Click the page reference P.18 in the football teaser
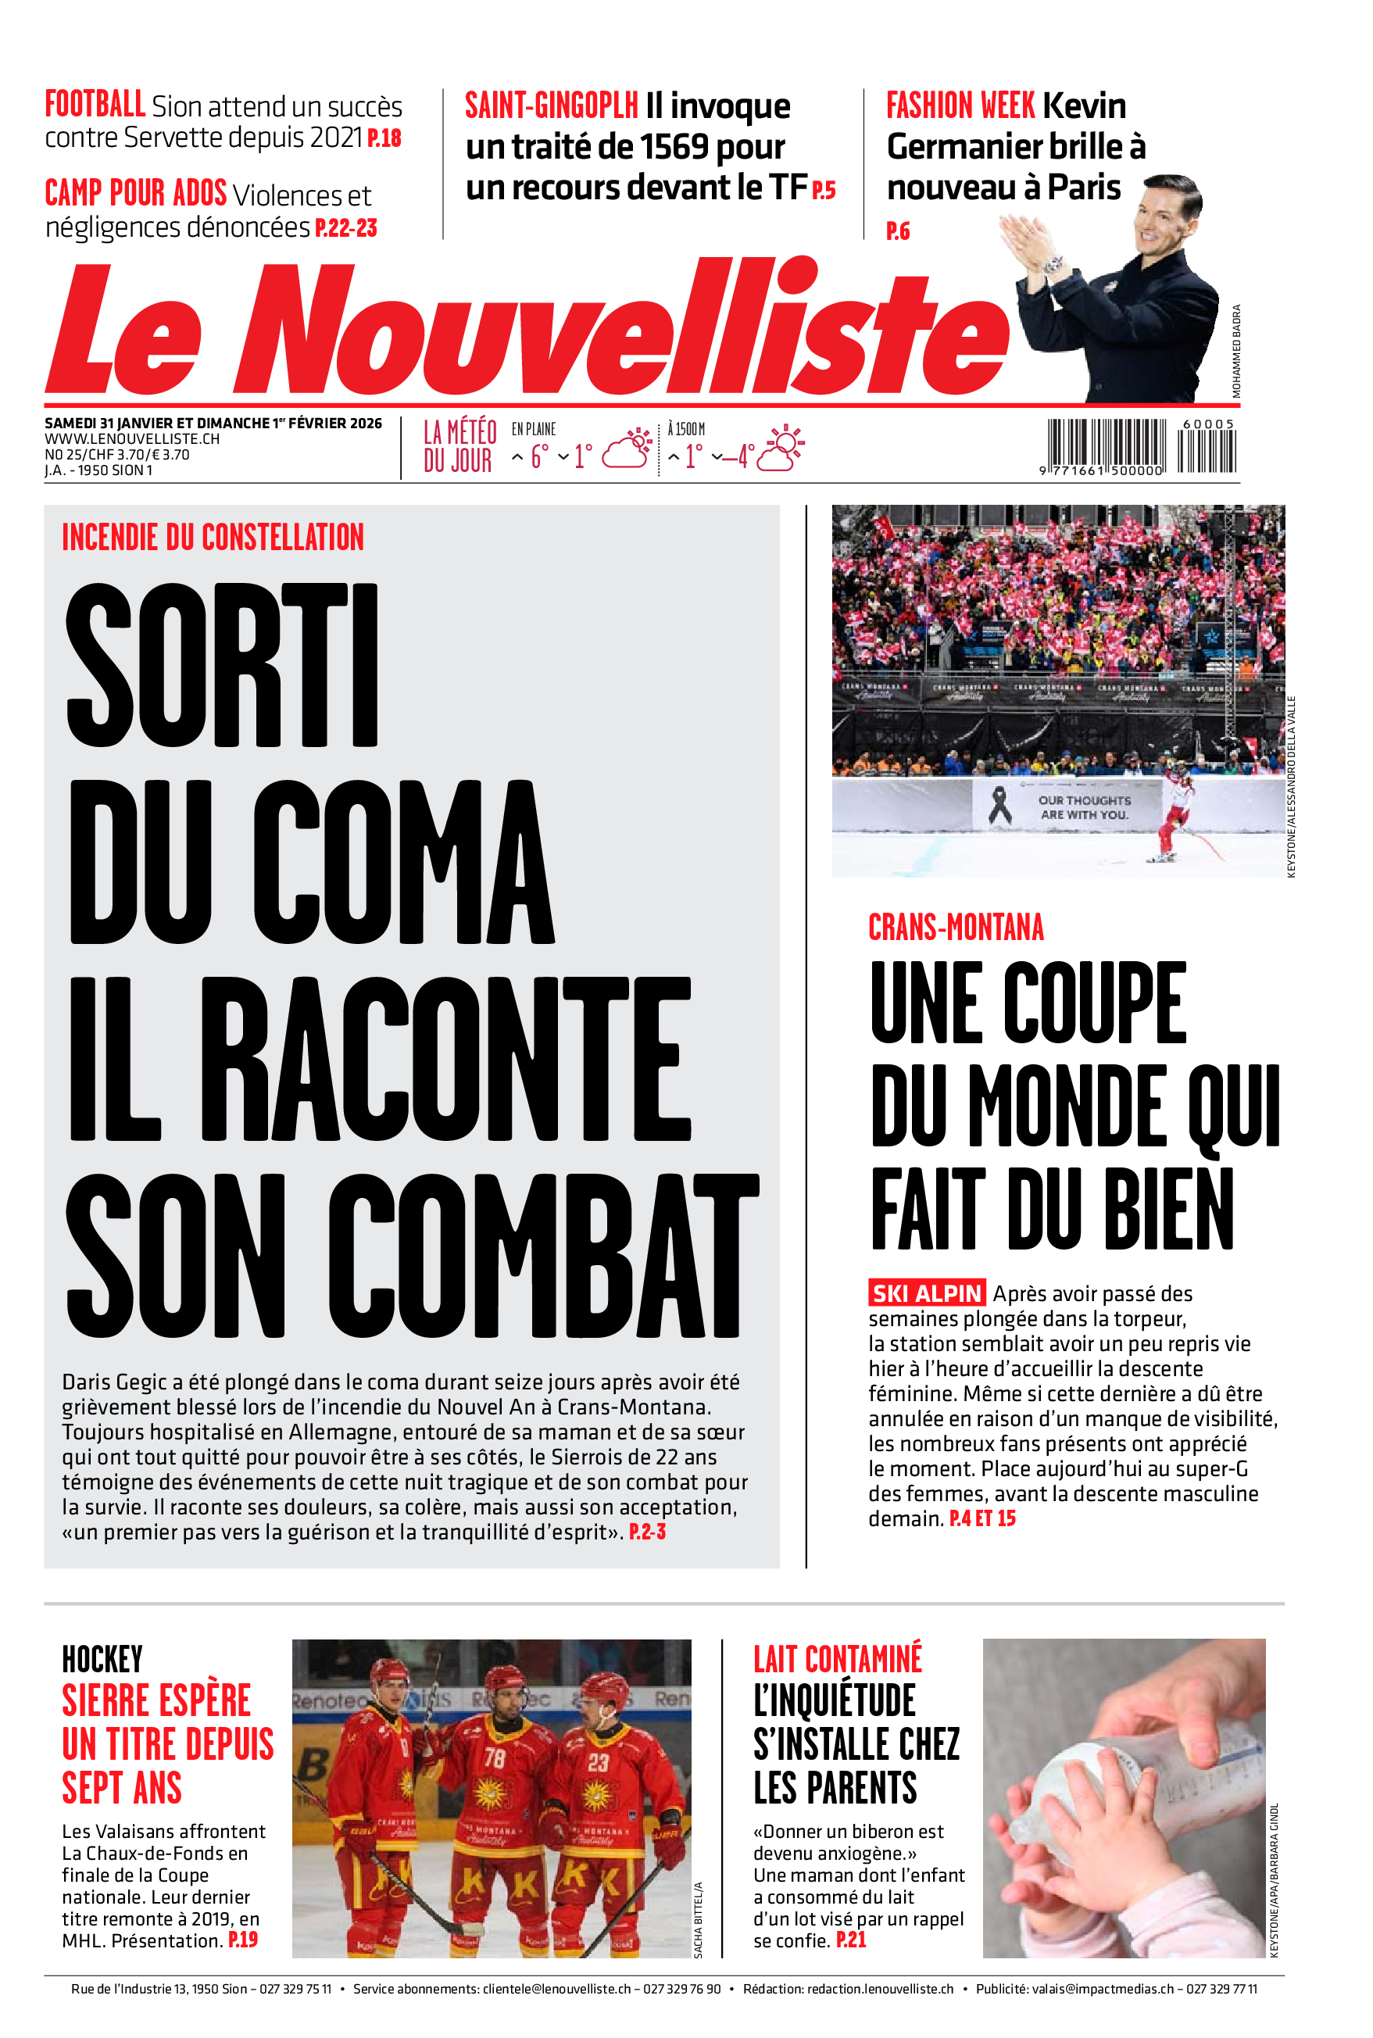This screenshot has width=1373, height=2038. point(384,138)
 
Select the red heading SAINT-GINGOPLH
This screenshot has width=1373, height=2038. point(551,107)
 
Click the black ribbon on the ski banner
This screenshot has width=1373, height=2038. point(999,805)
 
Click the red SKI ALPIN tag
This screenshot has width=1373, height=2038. point(927,1293)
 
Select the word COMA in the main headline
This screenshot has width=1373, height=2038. point(402,862)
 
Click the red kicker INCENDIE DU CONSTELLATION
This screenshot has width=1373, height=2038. point(213,538)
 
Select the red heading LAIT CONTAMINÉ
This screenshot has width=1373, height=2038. point(837,1660)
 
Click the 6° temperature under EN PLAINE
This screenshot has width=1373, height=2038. point(539,456)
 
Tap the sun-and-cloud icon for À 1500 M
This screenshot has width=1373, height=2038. point(780,449)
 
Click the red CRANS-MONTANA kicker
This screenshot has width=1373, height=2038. point(956,928)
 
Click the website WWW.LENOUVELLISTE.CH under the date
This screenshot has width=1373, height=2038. point(132,438)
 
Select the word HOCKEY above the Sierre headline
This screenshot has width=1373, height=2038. point(102,1660)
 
